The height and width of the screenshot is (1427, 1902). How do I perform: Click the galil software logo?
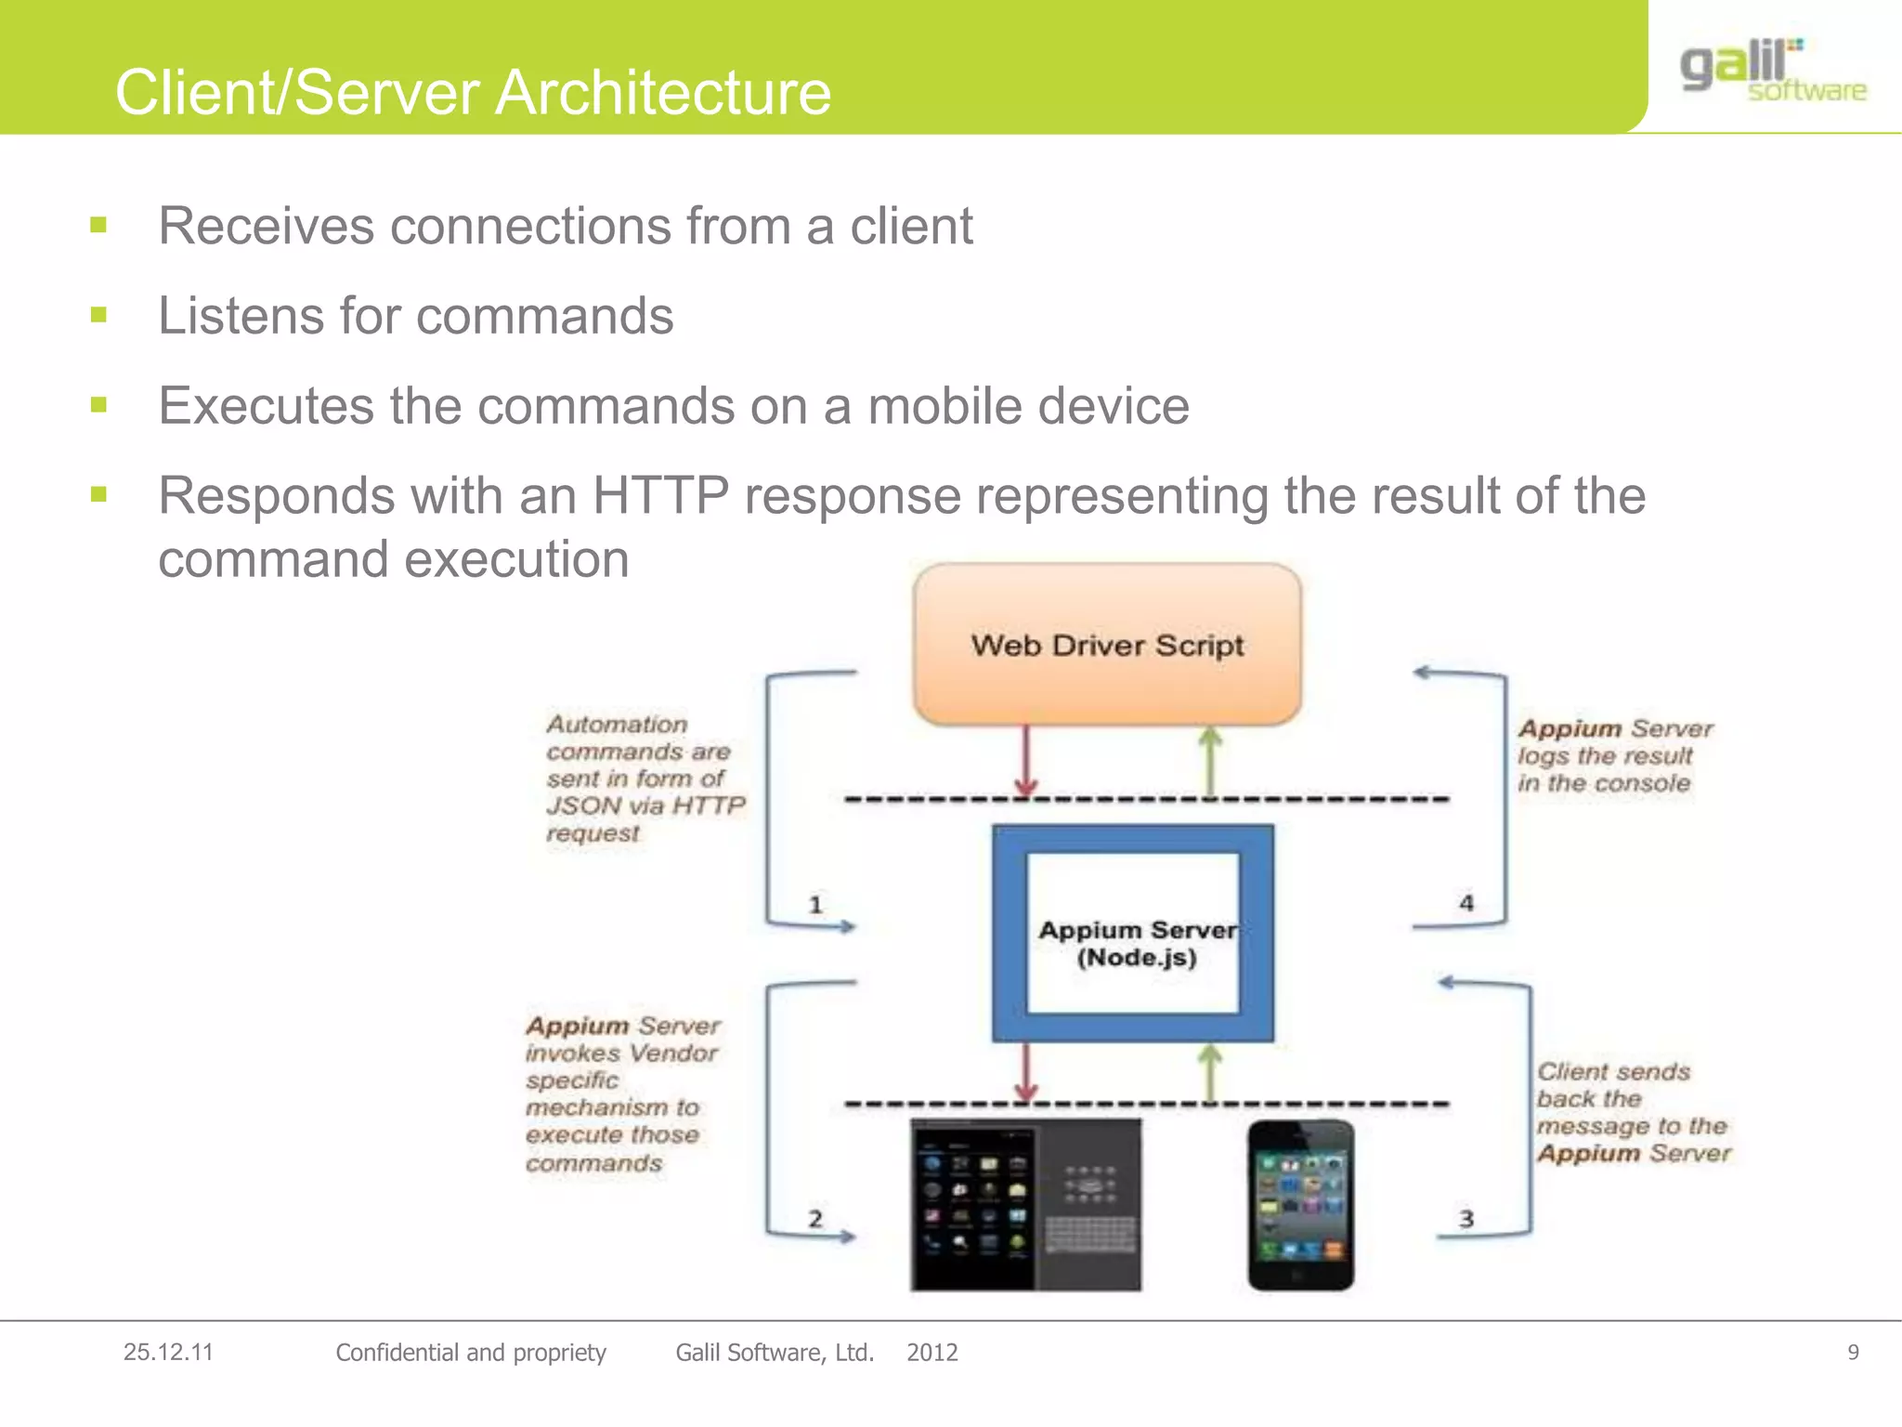[1772, 71]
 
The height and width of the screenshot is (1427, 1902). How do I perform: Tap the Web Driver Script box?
[1107, 645]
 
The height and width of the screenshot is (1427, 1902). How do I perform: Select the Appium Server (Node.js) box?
[1134, 934]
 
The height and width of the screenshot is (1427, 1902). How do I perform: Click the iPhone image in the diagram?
[1300, 1205]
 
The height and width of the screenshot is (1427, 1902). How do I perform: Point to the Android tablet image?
[1025, 1205]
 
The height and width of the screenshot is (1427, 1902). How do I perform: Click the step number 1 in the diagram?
[815, 904]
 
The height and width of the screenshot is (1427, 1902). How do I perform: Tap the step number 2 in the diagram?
[815, 1218]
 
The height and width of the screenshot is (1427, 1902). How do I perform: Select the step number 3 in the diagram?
[1466, 1218]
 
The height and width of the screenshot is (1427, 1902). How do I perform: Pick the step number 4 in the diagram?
[1466, 902]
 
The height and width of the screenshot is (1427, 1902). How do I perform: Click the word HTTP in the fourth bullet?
[660, 495]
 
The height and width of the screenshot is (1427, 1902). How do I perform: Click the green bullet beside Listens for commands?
[99, 315]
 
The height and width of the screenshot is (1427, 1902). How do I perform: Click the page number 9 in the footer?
[1853, 1353]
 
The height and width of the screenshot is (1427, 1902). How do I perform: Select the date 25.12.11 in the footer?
[168, 1353]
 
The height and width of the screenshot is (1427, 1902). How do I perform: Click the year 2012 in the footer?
[932, 1353]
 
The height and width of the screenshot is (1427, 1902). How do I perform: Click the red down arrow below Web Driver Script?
[1026, 762]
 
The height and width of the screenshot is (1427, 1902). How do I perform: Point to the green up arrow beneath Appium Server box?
[1209, 1073]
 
